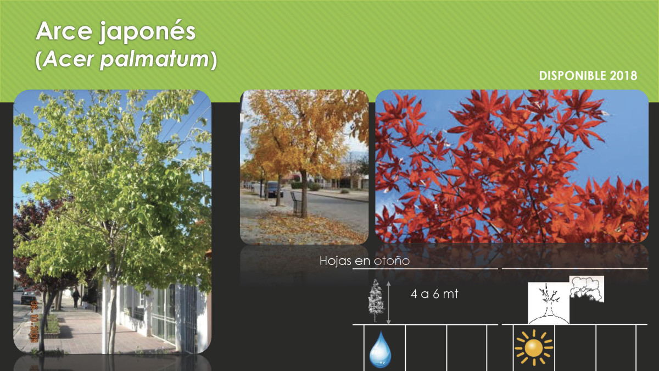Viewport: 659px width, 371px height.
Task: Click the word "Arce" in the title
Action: click(x=64, y=31)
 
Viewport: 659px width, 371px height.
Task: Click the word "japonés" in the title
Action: click(x=147, y=32)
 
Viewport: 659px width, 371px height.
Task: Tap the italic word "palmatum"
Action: click(x=155, y=60)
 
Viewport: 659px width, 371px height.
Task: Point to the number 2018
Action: click(x=623, y=76)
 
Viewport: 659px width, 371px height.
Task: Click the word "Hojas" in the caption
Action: click(x=336, y=261)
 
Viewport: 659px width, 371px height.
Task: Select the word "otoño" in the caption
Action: click(x=392, y=261)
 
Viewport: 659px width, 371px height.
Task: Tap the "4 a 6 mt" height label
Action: click(x=434, y=294)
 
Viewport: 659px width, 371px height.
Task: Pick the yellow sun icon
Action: click(x=534, y=347)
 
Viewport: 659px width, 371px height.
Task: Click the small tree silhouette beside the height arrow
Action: click(x=376, y=300)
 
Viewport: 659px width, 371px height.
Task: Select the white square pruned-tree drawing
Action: click(x=549, y=303)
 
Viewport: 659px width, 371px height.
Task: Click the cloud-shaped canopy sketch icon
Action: click(x=587, y=289)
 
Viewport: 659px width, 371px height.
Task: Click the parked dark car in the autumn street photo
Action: click(x=274, y=189)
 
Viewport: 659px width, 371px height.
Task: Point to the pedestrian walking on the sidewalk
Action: click(x=76, y=298)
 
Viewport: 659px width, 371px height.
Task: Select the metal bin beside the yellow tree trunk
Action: click(x=296, y=203)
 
